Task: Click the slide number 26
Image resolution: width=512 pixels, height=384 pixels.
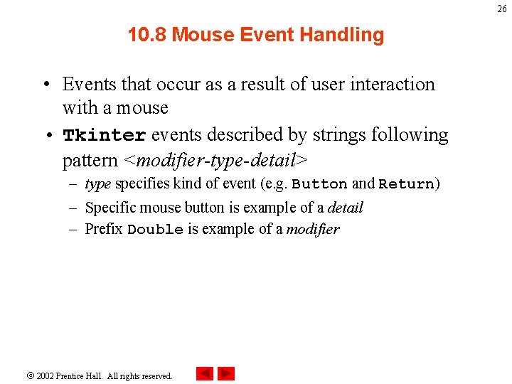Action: tap(502, 9)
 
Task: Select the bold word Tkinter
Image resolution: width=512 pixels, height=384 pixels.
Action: tap(105, 135)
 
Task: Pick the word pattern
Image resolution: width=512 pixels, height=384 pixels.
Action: tap(90, 159)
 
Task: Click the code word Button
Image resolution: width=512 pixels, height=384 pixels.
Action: tap(319, 184)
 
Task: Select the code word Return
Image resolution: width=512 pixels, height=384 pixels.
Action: tap(406, 184)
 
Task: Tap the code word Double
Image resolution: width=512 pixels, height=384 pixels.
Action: tap(155, 230)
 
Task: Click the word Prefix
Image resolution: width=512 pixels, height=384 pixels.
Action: tap(104, 229)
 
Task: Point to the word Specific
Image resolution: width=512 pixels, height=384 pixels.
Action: tap(108, 208)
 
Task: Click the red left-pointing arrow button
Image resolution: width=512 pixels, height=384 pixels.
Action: tap(205, 373)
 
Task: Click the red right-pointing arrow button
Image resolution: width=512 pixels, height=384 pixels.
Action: tap(226, 373)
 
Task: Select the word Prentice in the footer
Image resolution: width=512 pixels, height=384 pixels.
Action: tap(73, 375)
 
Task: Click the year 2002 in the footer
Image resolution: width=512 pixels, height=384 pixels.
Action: tap(46, 375)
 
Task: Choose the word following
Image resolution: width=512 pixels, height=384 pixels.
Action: tap(415, 135)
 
